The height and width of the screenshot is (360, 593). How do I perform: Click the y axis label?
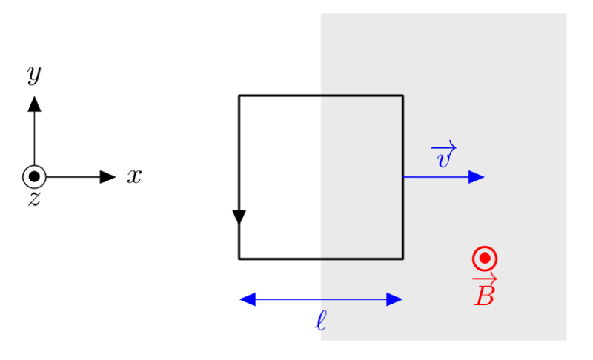point(34,75)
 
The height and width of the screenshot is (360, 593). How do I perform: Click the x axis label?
point(133,176)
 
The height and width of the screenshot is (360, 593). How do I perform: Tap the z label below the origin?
point(34,199)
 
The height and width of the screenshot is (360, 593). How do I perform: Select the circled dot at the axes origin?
point(34,177)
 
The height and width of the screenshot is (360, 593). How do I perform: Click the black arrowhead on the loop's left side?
point(239,217)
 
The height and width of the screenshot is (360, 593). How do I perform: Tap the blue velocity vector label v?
point(443,159)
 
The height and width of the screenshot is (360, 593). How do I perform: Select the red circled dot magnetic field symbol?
point(484,258)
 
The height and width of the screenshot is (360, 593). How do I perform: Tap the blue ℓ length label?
point(320,321)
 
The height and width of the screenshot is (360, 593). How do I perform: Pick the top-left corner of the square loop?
point(239,96)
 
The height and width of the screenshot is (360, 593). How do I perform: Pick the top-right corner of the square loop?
point(402,96)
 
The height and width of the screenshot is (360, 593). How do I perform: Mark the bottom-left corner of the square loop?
point(239,259)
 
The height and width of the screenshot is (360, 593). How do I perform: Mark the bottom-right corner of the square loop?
point(402,259)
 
